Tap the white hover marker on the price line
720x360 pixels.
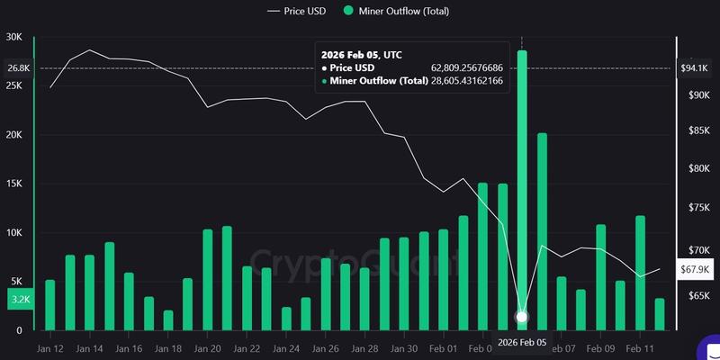[522, 317]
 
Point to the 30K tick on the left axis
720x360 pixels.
[14, 37]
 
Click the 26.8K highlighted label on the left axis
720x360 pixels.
[17, 68]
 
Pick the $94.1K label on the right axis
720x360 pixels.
[694, 68]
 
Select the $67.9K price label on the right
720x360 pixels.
[694, 268]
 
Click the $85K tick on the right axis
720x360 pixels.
[698, 131]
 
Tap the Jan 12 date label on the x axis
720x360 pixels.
[50, 347]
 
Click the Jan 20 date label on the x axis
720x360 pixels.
[208, 347]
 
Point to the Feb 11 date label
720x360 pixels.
[641, 347]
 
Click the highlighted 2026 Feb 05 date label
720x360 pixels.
[521, 343]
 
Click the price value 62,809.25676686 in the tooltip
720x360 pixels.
[466, 67]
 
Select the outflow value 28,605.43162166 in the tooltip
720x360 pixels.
[466, 82]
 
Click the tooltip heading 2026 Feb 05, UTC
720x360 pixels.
[362, 54]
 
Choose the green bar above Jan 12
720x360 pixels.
[50, 305]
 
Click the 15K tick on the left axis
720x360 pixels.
[14, 184]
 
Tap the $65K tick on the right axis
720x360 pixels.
[698, 295]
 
